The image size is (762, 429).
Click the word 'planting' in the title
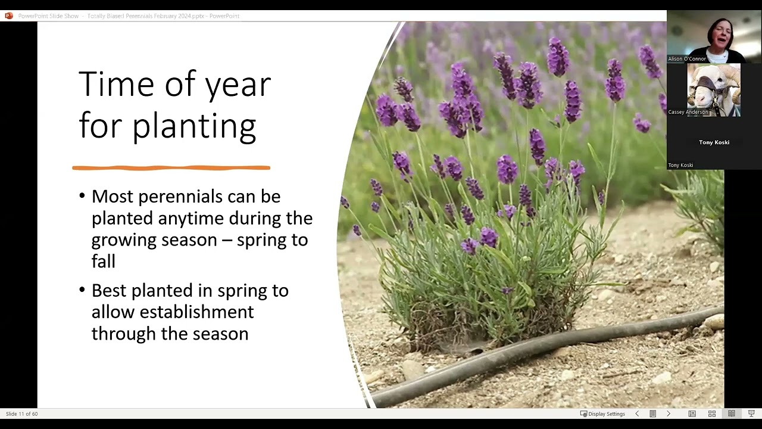tap(193, 126)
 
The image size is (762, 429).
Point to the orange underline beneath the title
tap(171, 168)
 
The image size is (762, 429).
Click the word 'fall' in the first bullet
tap(103, 261)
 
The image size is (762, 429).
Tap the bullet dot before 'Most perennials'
tap(82, 196)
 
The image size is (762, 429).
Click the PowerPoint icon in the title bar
tap(8, 16)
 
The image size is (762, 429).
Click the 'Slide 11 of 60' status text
tap(22, 414)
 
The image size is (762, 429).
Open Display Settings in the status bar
tap(602, 414)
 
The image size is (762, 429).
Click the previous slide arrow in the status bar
tap(637, 414)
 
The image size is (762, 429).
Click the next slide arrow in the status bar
tap(668, 414)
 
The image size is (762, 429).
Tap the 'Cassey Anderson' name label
tap(688, 112)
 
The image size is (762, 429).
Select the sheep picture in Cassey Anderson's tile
tap(713, 89)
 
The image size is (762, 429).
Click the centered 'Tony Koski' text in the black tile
tap(714, 142)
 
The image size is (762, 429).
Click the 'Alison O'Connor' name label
tap(686, 59)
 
